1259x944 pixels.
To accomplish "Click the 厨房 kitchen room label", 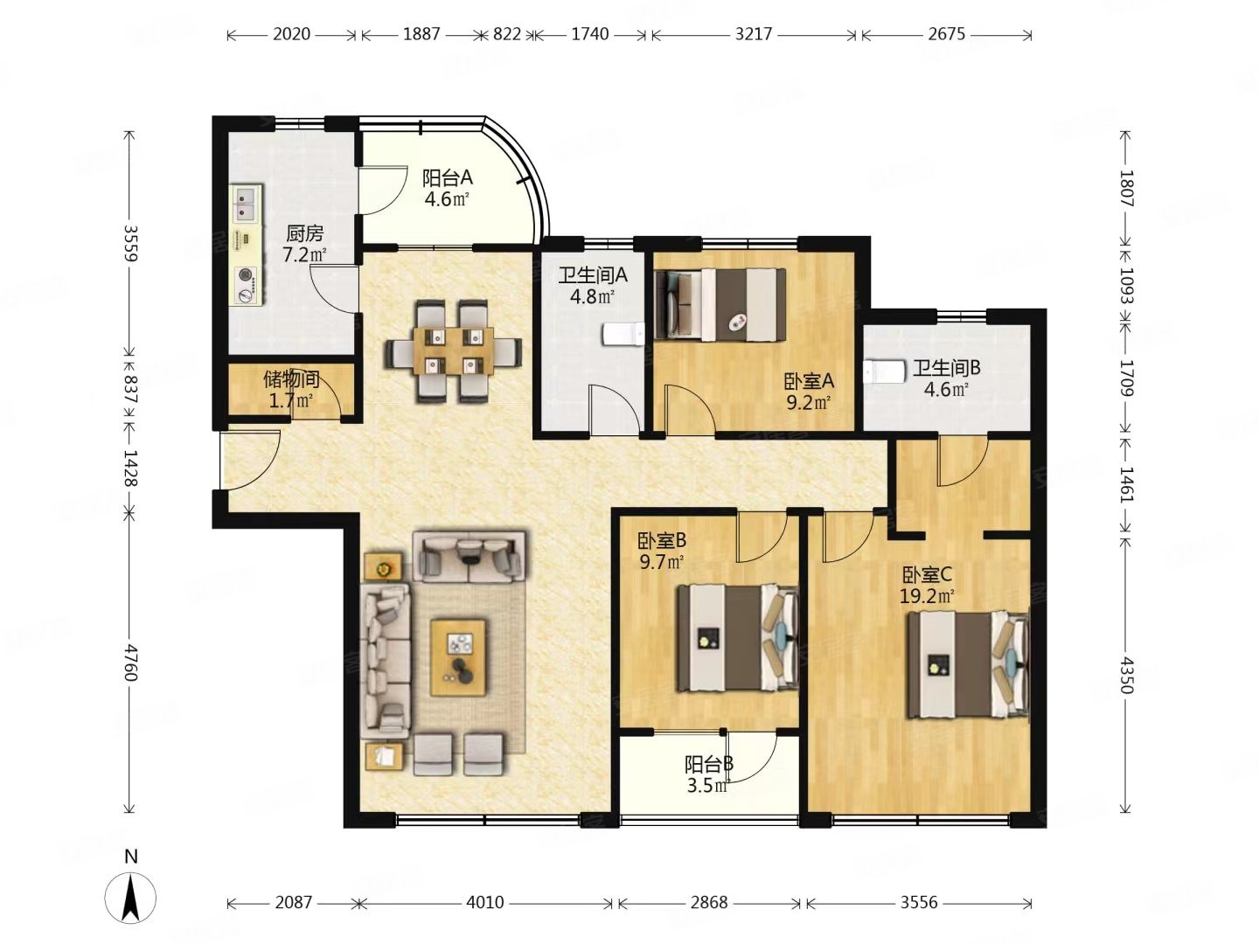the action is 304,233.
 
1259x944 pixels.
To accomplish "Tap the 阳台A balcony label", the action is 448,177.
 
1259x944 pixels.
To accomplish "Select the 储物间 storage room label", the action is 291,379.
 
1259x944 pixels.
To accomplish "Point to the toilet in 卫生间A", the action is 623,335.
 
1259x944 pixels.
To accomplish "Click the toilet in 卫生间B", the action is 886,371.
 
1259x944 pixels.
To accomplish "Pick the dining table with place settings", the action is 455,351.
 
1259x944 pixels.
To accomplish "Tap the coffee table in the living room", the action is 459,657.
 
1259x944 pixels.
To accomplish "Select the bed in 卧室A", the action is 720,305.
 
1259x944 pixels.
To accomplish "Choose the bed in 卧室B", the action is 738,637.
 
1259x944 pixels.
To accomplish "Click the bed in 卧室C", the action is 968,664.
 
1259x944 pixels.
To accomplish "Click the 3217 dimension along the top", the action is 754,34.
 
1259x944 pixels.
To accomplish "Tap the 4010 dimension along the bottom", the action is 484,902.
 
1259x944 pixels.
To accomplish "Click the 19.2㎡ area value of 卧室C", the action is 927,597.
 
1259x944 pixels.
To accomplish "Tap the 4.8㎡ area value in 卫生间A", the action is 593,296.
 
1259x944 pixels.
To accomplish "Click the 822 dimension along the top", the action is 507,34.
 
